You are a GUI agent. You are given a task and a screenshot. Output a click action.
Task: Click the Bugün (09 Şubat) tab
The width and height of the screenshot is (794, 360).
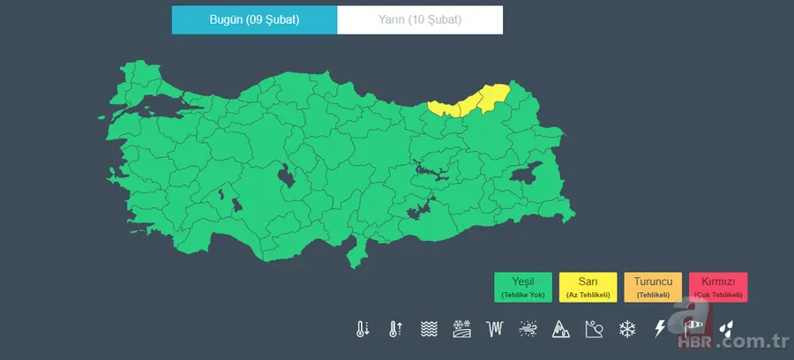(255, 19)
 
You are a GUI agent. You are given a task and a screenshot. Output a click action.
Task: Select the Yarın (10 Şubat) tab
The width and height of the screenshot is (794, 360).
(421, 19)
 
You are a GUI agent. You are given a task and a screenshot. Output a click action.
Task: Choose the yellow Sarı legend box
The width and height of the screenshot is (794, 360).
(588, 287)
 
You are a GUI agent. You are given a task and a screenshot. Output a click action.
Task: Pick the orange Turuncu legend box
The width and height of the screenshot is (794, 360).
(653, 287)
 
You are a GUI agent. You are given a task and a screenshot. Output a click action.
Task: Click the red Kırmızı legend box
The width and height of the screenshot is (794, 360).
(718, 287)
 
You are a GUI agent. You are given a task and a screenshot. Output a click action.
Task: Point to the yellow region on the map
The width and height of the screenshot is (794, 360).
(472, 101)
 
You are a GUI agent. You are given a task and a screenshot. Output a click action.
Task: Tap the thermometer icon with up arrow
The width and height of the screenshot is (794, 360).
(394, 329)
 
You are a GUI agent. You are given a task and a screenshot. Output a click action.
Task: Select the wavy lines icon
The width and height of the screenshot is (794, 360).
(429, 329)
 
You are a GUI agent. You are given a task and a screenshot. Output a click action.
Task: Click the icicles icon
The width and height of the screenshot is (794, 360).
(496, 329)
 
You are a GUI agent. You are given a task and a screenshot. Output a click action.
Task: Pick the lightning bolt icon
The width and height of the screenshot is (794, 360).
(659, 329)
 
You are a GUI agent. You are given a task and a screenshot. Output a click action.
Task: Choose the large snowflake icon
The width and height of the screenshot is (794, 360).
(627, 329)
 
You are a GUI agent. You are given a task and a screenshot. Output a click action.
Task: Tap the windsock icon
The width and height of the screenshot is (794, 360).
(692, 329)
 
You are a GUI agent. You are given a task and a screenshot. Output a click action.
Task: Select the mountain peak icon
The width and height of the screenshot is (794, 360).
(561, 329)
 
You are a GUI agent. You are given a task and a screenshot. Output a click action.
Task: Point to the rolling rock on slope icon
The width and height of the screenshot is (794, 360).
(594, 329)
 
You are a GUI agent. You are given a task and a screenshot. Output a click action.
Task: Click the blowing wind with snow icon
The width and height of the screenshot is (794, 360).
(528, 329)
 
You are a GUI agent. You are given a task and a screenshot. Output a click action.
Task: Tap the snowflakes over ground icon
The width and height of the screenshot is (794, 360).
(462, 329)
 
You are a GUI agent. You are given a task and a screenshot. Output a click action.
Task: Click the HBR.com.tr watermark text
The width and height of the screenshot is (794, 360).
(741, 342)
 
